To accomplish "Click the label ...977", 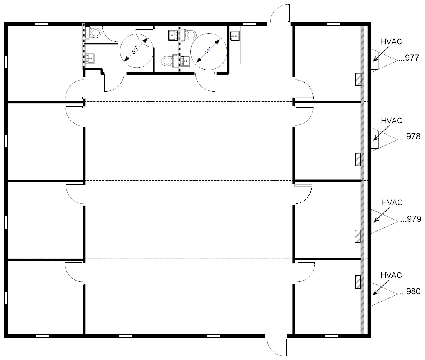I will click(409, 59).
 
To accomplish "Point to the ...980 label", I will click(409, 291).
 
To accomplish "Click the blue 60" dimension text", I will click(208, 51).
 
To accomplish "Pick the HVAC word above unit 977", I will click(391, 42).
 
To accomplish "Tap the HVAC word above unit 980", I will click(391, 275).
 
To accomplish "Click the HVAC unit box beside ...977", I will click(375, 60).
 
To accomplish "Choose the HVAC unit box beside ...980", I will click(375, 295).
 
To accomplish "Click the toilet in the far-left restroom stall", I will click(94, 32).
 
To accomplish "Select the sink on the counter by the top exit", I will click(235, 36).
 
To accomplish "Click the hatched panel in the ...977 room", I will click(358, 79).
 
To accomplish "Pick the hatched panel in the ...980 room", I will click(358, 282).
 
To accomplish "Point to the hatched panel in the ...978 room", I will click(358, 160).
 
